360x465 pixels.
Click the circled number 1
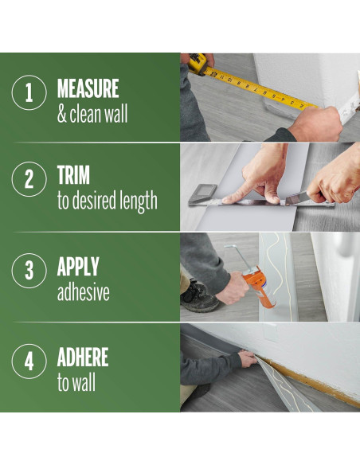coord(29,92)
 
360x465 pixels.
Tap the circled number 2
coord(29,179)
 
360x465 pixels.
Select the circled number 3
coord(29,271)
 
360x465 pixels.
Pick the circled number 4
coord(29,361)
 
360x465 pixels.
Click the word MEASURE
coord(88,88)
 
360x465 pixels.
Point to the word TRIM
coord(73,175)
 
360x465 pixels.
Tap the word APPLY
coord(78,266)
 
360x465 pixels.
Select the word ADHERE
coord(83,357)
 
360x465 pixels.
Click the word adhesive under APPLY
coord(84,292)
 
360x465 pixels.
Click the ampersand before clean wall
coord(61,114)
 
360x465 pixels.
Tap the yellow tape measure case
coord(198,63)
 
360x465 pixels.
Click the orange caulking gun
coord(258,287)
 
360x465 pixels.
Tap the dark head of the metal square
coord(203,193)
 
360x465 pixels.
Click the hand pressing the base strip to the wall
coord(248,358)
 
